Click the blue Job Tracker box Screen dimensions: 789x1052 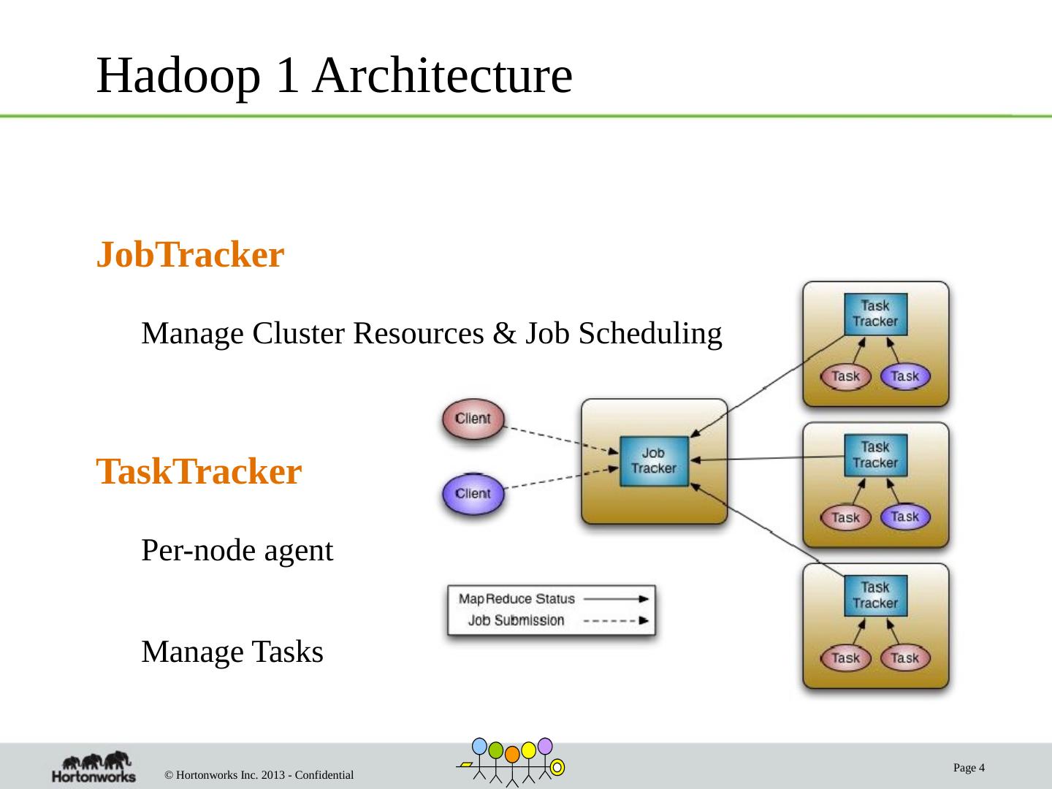pos(653,461)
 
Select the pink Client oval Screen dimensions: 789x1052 pos(473,419)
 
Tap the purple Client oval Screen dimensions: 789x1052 pos(473,494)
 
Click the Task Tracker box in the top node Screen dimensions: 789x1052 pos(875,314)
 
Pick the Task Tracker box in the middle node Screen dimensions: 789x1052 pos(875,455)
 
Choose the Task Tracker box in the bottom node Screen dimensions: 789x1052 pos(875,595)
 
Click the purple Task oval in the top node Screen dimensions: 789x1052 pos(904,377)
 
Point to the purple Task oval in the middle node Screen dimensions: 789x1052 pos(904,517)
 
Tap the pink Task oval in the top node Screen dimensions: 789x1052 pos(845,377)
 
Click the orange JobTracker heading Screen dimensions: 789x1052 pos(190,255)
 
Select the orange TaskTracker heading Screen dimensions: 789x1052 pos(199,472)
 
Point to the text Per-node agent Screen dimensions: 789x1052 pos(237,550)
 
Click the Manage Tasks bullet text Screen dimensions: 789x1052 pos(232,652)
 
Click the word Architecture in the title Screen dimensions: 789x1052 pos(442,75)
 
